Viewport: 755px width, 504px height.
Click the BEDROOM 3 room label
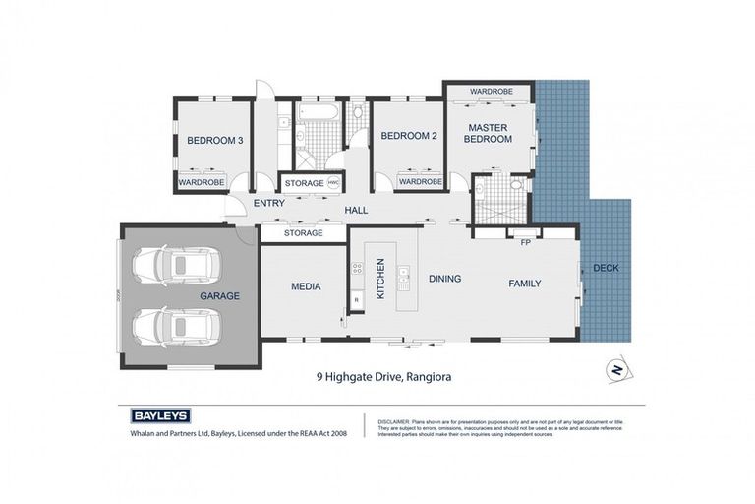point(214,140)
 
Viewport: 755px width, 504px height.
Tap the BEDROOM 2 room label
point(408,135)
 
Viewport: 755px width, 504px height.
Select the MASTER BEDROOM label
point(489,133)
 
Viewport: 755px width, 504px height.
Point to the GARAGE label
point(219,295)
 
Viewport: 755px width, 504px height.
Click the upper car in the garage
point(175,264)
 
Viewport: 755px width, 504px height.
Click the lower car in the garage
point(175,326)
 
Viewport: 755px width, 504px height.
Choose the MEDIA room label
point(306,287)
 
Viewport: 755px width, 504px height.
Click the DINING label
point(444,279)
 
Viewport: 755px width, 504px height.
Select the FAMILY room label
point(524,283)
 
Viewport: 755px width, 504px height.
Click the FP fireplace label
point(525,242)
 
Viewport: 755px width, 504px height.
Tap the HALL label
point(356,210)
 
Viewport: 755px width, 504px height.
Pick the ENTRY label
point(268,204)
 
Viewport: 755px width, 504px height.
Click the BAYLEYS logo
point(160,415)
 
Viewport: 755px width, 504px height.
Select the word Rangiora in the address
point(423,375)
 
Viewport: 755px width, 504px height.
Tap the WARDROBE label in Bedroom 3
point(201,182)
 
